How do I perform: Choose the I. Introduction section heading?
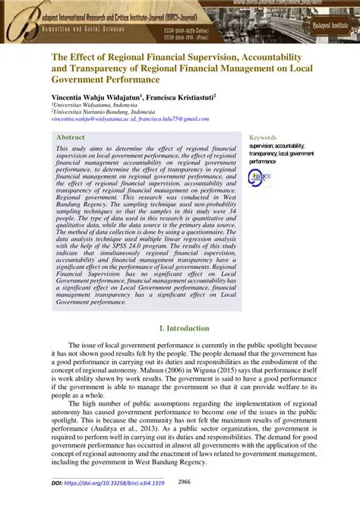click(x=180, y=327)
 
